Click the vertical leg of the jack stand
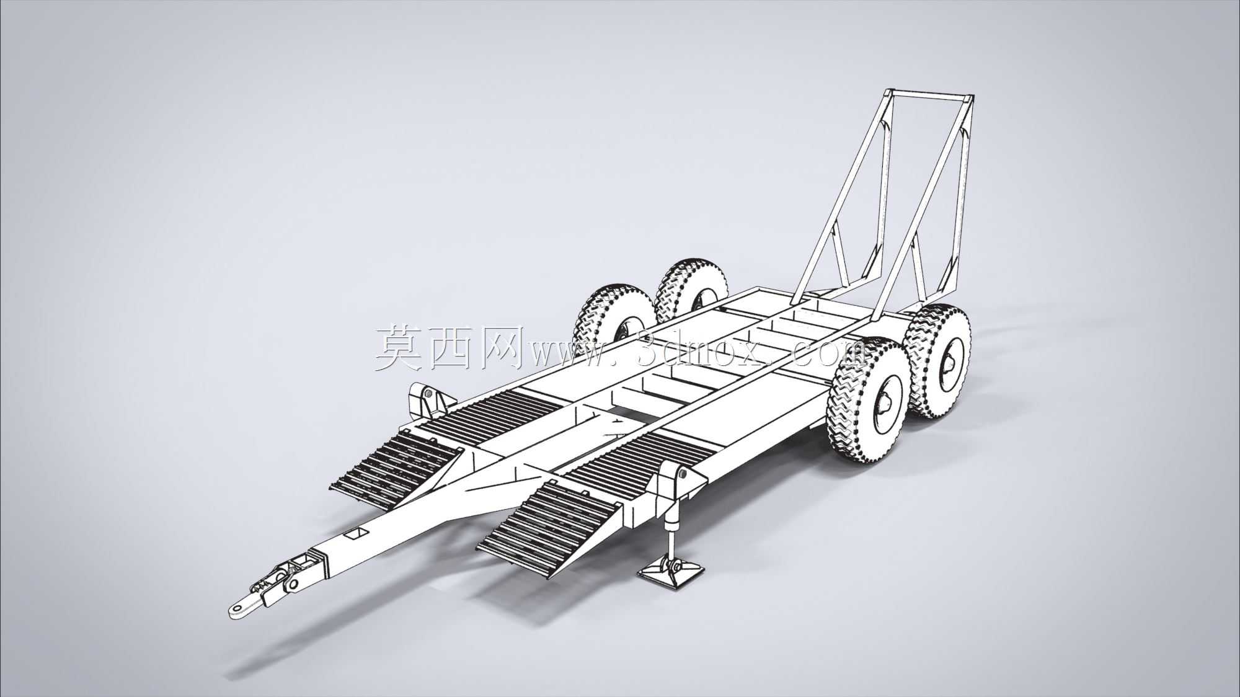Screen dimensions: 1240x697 pyautogui.click(x=670, y=528)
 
